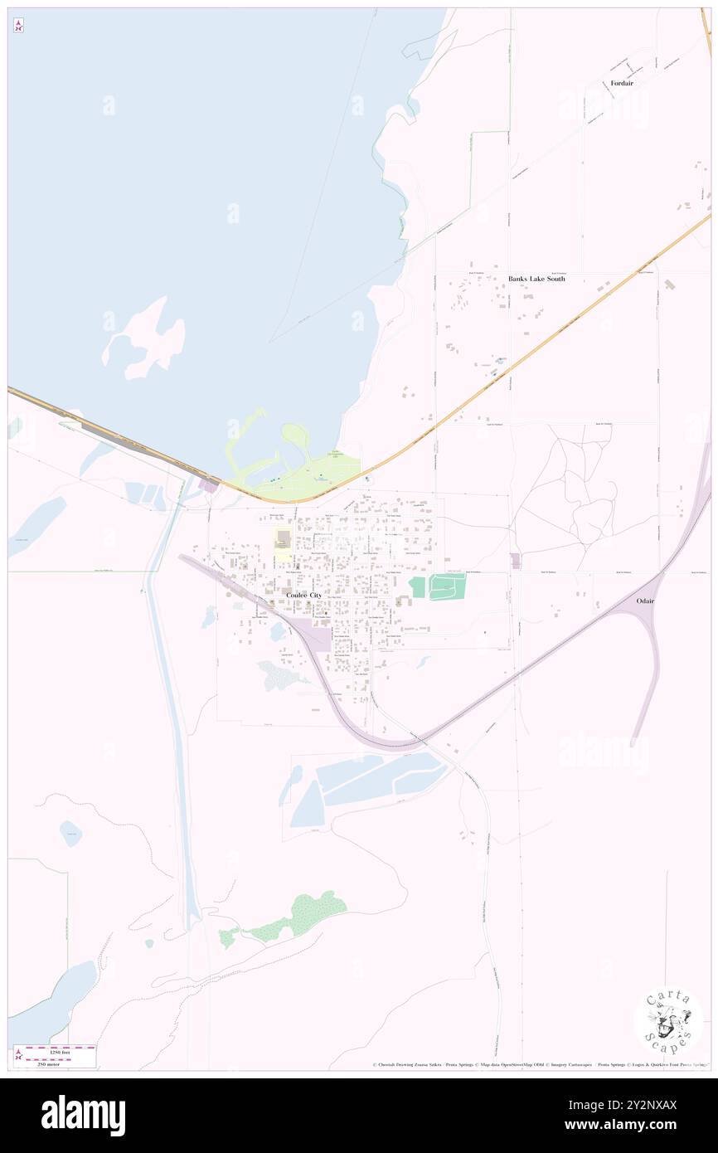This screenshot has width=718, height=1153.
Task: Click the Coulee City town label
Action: (303, 596)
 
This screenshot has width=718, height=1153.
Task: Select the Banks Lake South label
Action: (536, 279)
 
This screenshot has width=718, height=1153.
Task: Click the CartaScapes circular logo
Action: (668, 1022)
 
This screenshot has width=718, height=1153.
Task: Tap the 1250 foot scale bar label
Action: (55, 1053)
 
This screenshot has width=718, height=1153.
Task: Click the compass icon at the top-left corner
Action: (18, 26)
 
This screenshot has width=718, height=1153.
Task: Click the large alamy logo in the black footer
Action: (83, 1116)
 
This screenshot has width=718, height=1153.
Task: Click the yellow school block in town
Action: (283, 543)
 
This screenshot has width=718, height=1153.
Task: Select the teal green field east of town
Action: (447, 586)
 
